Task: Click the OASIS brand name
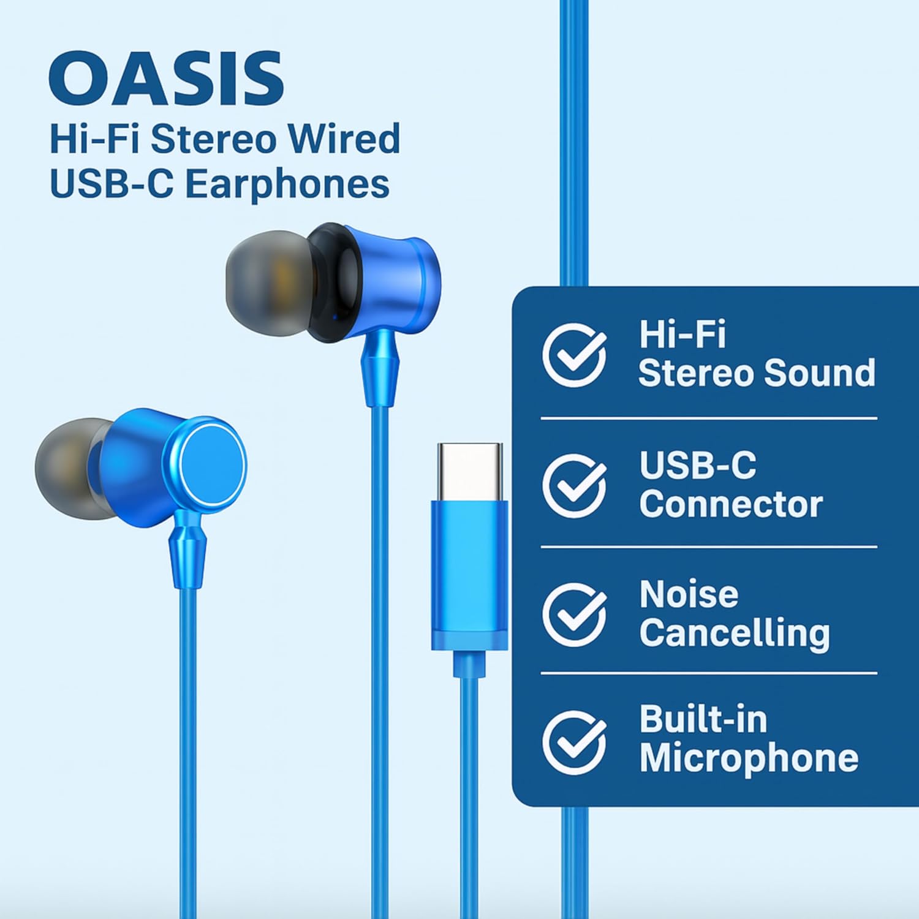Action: coord(165,80)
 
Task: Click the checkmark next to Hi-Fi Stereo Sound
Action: coord(574,355)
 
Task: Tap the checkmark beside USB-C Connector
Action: coord(574,486)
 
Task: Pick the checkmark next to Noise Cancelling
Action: coord(574,615)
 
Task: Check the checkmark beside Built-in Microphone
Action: coord(574,742)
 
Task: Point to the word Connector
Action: coord(730,504)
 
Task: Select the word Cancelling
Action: coord(734,633)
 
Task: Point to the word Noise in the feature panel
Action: coord(689,594)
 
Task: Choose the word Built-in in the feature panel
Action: coord(703,720)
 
